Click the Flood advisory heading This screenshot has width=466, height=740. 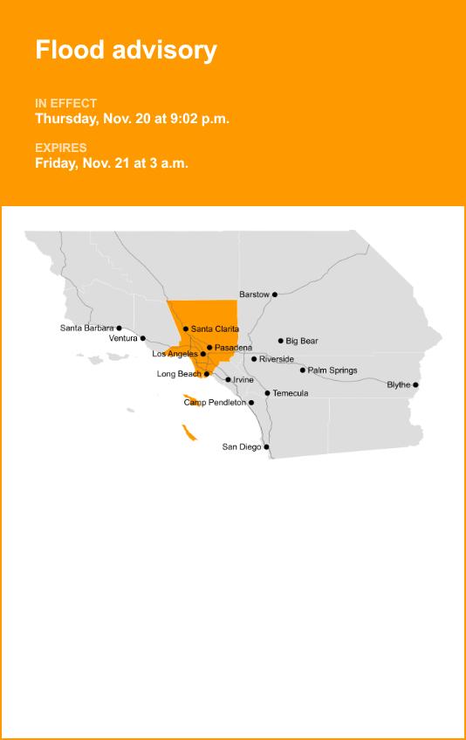pos(126,51)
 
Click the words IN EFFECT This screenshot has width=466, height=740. pos(65,103)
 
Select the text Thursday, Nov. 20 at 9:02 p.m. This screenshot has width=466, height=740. pos(132,119)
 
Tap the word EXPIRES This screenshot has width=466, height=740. pos(61,148)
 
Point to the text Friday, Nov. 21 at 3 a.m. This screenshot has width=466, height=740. pos(112,163)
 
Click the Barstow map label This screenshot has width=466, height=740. pos(254,294)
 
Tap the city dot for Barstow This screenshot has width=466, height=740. pos(275,294)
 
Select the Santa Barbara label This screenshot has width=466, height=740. pos(86,329)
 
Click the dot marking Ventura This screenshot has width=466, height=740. pos(143,338)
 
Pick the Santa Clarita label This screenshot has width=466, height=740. pos(215,329)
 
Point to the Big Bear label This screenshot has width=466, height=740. pos(302,341)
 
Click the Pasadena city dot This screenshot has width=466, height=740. pos(209,348)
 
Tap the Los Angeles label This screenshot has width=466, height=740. pos(175,354)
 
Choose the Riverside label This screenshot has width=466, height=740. pos(277,359)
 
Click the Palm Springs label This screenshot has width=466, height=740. pos(332,370)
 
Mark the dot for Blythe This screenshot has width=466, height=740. pos(415,385)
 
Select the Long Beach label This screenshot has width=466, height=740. pos(179,374)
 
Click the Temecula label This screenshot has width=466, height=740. pos(291,393)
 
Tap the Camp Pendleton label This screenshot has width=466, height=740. pos(215,403)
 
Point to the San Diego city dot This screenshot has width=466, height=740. pos(266,447)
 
